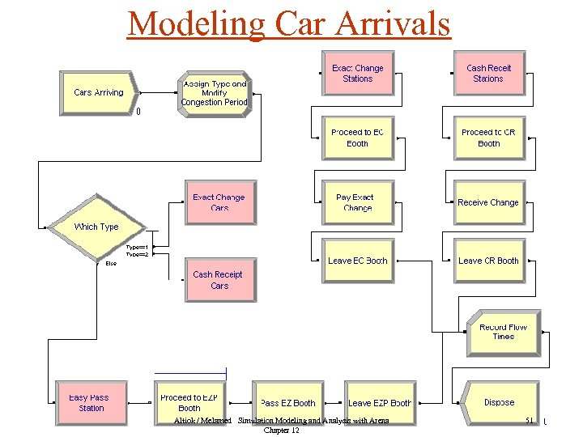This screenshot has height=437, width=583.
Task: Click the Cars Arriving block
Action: (99, 93)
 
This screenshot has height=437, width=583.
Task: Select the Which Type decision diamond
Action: (96, 227)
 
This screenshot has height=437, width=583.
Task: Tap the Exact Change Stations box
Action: (357, 74)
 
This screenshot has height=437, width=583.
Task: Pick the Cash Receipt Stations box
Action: (488, 74)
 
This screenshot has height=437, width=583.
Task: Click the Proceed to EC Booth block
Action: (357, 138)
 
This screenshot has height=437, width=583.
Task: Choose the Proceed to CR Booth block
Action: (488, 138)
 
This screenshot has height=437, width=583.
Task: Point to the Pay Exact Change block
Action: (357, 202)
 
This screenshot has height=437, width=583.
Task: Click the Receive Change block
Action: (488, 202)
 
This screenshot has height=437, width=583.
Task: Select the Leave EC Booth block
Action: (357, 261)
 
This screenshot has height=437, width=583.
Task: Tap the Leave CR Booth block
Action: (488, 261)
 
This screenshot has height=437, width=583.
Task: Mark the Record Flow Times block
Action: (503, 332)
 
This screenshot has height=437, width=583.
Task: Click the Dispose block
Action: (498, 402)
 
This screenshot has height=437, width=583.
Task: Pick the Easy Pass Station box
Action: (91, 402)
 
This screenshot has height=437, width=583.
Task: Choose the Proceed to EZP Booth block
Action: (189, 402)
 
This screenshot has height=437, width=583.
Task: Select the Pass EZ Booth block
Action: (287, 402)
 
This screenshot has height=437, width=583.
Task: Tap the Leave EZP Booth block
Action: (379, 402)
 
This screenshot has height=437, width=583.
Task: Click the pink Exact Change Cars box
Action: (219, 202)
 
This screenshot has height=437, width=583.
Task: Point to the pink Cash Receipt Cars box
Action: (219, 280)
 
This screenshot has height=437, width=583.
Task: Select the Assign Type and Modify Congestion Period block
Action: (214, 93)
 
